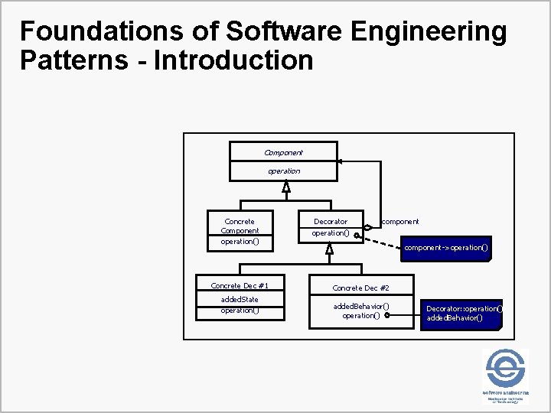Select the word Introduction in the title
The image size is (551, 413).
233,60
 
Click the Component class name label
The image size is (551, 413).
283,152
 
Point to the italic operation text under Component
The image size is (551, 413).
283,171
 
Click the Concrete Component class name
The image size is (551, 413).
240,226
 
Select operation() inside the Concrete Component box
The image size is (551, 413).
240,242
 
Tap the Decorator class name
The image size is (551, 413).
330,222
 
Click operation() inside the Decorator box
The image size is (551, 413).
330,233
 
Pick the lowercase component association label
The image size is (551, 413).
400,222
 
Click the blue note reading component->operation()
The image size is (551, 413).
446,248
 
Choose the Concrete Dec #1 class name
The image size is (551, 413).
240,285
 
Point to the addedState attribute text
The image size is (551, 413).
240,299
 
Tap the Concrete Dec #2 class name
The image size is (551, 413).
361,288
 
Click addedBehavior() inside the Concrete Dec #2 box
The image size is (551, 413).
361,306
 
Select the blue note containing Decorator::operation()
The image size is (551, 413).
463,313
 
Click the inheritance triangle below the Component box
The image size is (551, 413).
285,187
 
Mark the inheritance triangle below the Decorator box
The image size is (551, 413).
330,249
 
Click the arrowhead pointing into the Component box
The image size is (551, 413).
341,161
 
